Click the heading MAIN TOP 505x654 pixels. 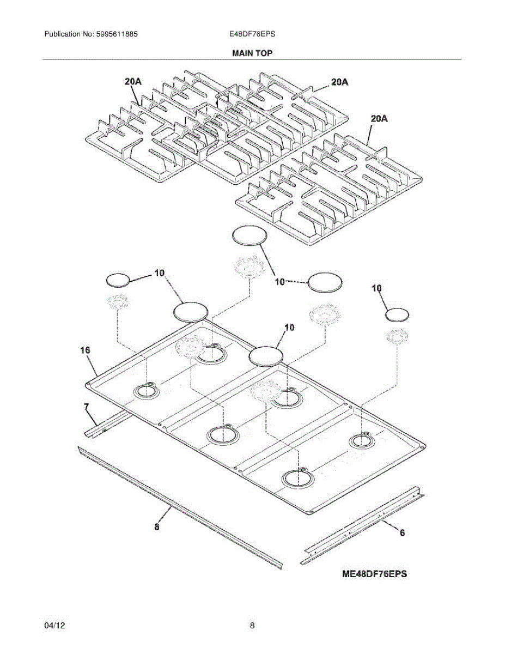tap(252, 53)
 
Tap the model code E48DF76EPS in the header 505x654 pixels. tap(252, 34)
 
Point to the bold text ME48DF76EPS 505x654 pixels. tap(375, 573)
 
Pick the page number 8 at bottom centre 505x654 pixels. tap(252, 626)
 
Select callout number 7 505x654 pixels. tap(86, 407)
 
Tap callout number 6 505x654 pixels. tap(402, 534)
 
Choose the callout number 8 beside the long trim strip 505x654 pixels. tap(157, 526)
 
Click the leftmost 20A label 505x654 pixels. tap(133, 82)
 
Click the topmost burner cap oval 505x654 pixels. tap(250, 235)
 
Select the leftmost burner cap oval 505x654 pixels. tap(118, 280)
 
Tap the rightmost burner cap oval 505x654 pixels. tap(397, 314)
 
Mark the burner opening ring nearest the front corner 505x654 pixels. tap(299, 477)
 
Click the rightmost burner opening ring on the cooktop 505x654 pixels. tap(362, 440)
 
